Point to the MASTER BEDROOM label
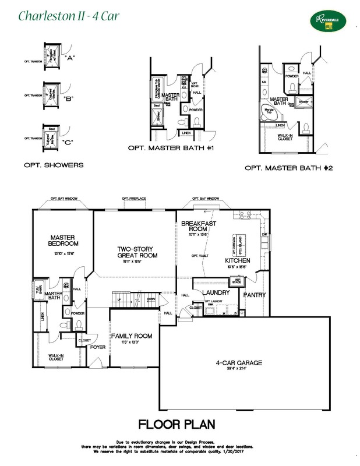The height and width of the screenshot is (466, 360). point(64,241)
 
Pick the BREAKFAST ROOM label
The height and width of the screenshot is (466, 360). point(199,227)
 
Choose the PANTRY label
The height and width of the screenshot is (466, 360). point(255,295)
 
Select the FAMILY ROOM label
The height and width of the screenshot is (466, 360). point(132,336)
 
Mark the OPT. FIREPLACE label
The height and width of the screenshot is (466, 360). point(134,199)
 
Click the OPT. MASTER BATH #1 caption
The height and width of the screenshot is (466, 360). point(171,149)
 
